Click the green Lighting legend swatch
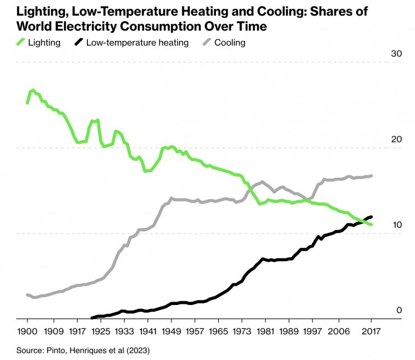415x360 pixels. [x=22, y=42]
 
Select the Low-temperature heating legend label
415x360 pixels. [x=138, y=42]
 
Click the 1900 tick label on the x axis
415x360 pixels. [x=27, y=331]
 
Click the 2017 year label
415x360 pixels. [x=371, y=331]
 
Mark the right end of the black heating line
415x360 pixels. [x=371, y=217]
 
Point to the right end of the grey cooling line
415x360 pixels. [x=371, y=176]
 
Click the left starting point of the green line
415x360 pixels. [x=27, y=103]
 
